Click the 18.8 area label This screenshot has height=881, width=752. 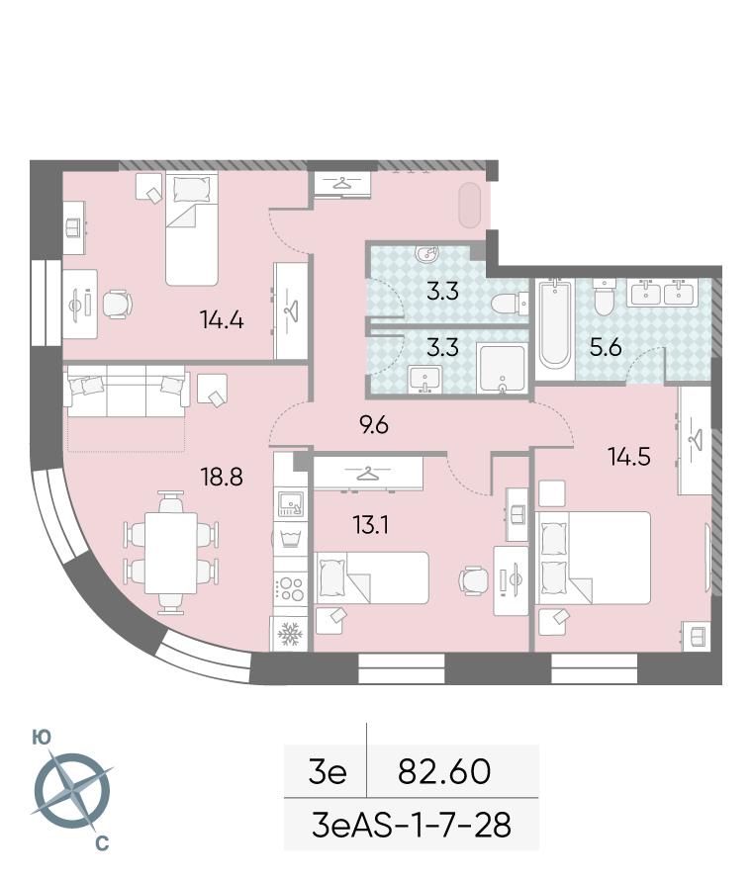point(223,477)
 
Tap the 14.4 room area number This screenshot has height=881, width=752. point(223,320)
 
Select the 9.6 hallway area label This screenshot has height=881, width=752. point(374,425)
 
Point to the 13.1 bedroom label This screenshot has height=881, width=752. point(371,525)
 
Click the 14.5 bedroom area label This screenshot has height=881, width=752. point(629,456)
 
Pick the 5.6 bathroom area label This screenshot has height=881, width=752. point(606,348)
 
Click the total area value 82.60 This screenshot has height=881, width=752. point(444,771)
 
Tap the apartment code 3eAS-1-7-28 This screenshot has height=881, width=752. point(412,826)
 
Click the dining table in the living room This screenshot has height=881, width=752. point(171,553)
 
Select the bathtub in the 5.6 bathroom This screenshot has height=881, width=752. point(554,324)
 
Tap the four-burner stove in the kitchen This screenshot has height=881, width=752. point(291,588)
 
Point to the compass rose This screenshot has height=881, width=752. point(72,791)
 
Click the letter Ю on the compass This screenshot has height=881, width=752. point(41,738)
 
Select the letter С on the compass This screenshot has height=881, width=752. point(102,843)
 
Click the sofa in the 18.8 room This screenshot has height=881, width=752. point(127,391)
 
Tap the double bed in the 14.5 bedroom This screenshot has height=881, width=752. point(595,558)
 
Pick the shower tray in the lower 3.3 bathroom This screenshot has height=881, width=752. point(502,369)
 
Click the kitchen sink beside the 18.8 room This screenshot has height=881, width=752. point(291,504)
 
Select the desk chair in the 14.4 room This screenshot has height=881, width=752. point(118,305)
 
